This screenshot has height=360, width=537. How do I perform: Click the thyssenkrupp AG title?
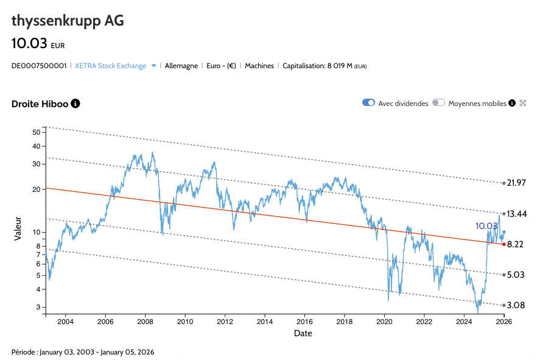coord(68,21)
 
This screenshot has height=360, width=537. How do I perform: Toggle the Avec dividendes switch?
coord(368,103)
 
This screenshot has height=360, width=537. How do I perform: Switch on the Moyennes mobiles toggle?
coord(438,103)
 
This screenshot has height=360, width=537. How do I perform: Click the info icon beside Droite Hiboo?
coord(75,104)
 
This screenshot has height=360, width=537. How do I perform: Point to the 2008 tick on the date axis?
coord(145,322)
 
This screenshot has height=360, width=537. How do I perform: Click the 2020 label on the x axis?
coord(384,322)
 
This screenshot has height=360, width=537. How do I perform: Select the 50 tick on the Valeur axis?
coord(36,132)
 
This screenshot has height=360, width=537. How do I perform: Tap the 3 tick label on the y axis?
coord(38,307)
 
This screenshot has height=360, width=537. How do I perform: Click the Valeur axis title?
coord(18,227)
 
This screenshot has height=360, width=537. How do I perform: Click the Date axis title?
coord(303,333)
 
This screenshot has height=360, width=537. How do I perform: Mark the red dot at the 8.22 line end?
coord(504,244)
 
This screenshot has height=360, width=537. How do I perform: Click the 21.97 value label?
coord(516,183)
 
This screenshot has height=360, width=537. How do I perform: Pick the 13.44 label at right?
coord(516,214)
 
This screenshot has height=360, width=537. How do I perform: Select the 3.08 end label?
coord(515,305)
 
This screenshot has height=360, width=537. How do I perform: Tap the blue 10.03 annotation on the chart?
coord(487,226)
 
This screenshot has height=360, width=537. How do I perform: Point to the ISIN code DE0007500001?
coord(39,66)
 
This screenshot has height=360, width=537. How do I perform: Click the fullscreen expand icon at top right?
coord(522,103)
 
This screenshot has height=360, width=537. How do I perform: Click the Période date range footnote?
coord(83,352)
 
